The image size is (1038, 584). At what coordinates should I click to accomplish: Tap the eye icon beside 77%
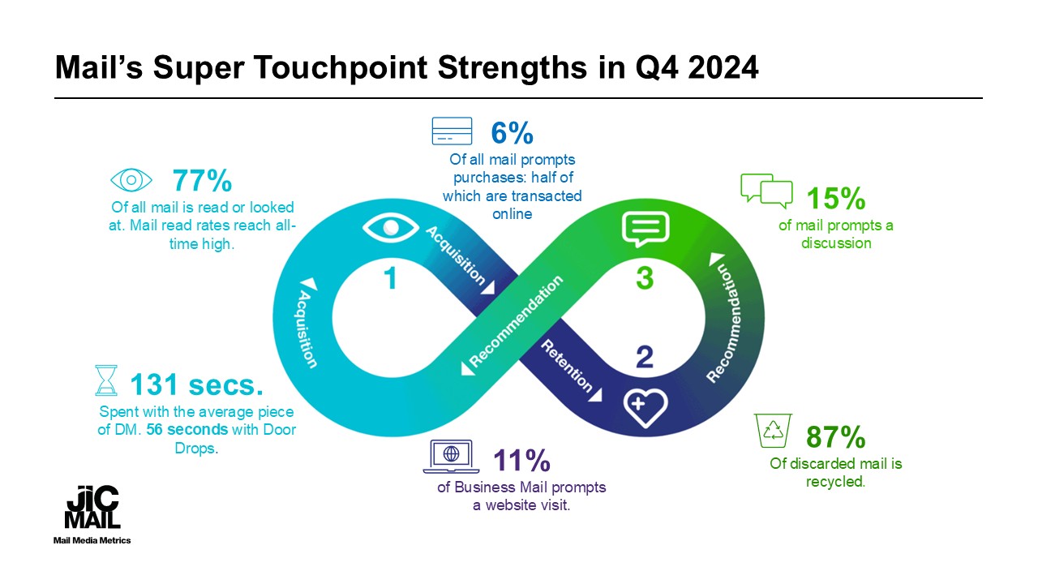click(x=131, y=180)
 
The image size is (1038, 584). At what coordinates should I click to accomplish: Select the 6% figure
click(x=512, y=132)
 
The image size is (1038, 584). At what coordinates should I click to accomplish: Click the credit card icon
click(x=453, y=131)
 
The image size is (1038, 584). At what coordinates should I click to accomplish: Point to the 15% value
click(x=836, y=199)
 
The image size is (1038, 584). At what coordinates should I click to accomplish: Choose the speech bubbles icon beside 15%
click(x=766, y=190)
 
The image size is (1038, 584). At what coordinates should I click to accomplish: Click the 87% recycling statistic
click(x=836, y=438)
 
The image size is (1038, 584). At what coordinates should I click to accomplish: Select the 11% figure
click(x=522, y=461)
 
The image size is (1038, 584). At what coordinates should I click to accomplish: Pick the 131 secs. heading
click(x=196, y=383)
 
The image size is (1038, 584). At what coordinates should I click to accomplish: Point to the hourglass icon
click(x=105, y=381)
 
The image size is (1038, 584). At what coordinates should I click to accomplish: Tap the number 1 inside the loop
click(x=391, y=279)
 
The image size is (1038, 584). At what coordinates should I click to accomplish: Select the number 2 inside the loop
click(x=644, y=357)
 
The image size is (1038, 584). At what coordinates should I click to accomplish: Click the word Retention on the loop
click(x=567, y=366)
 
